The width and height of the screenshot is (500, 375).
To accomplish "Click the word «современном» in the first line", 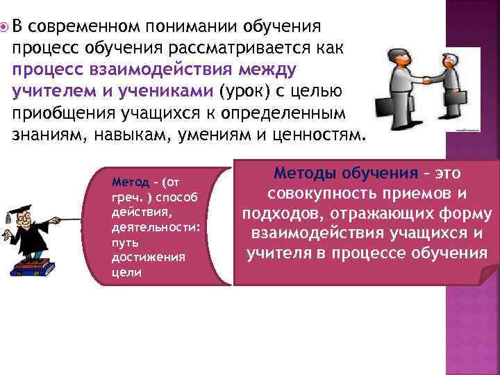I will pos(84,27).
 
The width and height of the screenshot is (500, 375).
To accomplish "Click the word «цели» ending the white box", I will pos(126,272).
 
